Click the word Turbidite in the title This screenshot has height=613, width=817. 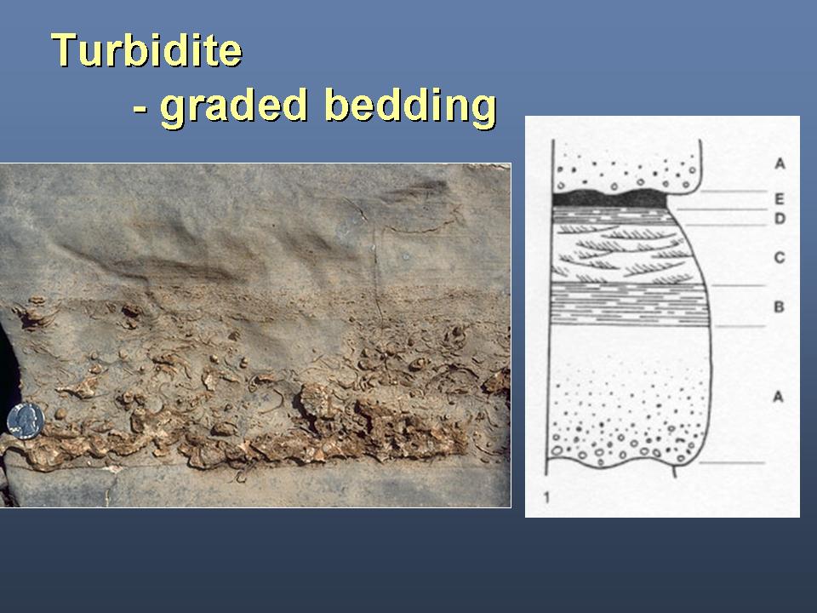146,50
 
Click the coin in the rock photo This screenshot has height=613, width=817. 26,421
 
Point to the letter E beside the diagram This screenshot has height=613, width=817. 780,198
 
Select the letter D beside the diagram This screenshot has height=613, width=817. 780,219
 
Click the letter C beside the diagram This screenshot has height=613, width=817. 780,257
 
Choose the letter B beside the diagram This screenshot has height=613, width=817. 779,306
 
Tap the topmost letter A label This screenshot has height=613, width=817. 780,163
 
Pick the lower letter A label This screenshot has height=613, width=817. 778,398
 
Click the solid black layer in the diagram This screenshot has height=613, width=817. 609,198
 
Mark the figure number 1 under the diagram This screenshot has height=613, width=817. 546,497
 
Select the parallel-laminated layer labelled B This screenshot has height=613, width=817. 631,305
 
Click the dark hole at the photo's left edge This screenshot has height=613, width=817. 9,375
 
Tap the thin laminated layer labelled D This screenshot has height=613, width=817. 614,216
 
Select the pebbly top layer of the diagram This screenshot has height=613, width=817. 626,167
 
